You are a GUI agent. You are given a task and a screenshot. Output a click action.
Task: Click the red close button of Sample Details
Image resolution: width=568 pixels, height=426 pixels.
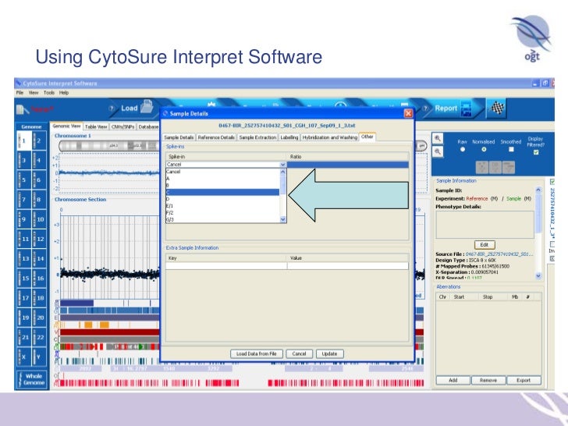pyautogui.click(x=407, y=114)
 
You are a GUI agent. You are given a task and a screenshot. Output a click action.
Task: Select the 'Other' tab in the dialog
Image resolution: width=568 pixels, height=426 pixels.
pyautogui.click(x=367, y=137)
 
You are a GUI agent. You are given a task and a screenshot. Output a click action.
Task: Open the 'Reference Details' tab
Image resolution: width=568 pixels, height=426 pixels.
pyautogui.click(x=216, y=137)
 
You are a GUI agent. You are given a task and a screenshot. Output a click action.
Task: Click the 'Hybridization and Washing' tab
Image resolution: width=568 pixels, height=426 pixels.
pyautogui.click(x=330, y=137)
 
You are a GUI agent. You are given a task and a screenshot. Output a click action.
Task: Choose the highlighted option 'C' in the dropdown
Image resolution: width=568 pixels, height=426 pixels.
pyautogui.click(x=222, y=192)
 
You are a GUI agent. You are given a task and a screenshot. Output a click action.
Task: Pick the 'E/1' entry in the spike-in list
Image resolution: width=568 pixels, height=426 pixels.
pyautogui.click(x=222, y=206)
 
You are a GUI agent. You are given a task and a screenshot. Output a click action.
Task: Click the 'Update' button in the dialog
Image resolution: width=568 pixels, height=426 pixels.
pyautogui.click(x=329, y=353)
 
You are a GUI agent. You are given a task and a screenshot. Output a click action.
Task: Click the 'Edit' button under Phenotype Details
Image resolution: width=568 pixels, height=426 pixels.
pyautogui.click(x=484, y=244)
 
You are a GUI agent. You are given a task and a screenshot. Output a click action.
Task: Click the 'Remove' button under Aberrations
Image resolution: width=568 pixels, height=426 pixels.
pyautogui.click(x=488, y=380)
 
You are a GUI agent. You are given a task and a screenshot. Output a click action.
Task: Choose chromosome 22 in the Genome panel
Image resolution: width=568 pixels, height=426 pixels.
pyautogui.click(x=39, y=336)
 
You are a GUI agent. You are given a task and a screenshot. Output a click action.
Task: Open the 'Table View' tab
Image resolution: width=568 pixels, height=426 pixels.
pyautogui.click(x=95, y=126)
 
